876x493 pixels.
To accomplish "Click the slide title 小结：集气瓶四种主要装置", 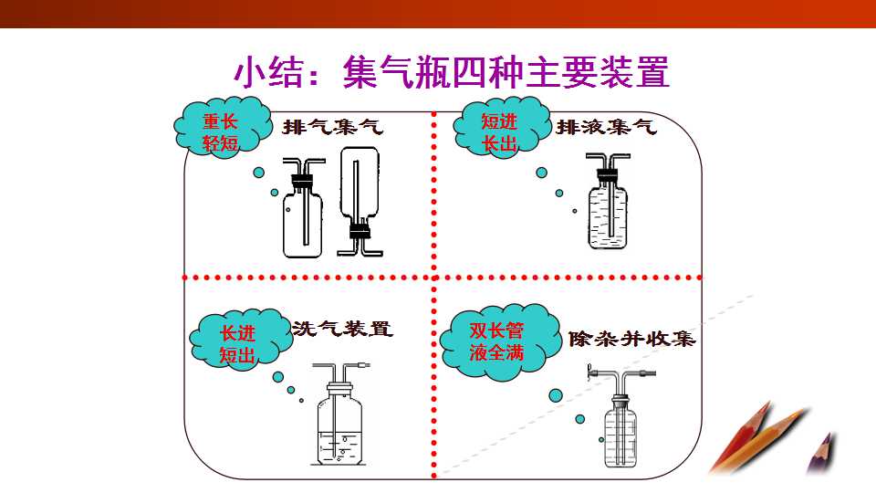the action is coord(451,71).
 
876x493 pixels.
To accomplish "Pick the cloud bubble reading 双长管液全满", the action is coord(499,341).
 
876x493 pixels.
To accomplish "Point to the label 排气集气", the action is coord(333,127).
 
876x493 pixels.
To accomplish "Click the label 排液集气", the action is coord(606,127).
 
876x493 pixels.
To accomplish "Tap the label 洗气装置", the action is coord(342,328).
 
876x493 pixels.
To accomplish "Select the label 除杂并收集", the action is coord(631,339).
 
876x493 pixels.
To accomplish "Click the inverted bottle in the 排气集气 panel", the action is coord(360,201).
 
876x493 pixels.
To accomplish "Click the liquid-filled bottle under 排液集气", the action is coord(608,201).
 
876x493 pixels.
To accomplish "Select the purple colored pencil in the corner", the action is coord(821,453).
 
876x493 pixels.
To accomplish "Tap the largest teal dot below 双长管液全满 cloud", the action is coord(556,395).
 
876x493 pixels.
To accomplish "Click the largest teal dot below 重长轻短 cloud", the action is coord(258,173).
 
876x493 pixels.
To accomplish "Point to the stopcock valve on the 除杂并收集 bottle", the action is coord(590,372).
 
